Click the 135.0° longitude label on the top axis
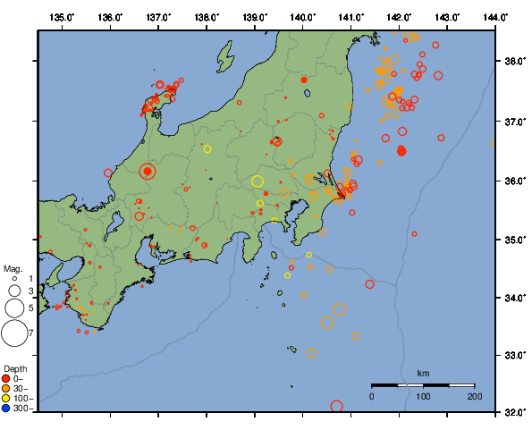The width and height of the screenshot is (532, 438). pos(62,17)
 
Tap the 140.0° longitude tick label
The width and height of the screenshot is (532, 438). pos(303,17)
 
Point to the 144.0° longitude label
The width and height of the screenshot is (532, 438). pos(495,17)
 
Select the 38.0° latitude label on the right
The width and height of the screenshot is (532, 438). pos(514,62)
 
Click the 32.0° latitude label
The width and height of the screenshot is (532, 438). pos(514,413)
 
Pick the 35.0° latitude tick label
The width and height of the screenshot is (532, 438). pos(514,239)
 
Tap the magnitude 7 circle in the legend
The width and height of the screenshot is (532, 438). pos(14,333)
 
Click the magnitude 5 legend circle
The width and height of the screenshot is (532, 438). pos(14,308)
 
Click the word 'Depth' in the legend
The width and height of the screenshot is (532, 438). pos(15,368)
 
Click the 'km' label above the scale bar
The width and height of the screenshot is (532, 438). pos(423,373)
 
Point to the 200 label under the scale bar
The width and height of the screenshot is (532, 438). pos(474,395)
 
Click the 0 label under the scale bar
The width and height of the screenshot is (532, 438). pos(372,395)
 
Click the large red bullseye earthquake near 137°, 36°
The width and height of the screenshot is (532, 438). pos(148,172)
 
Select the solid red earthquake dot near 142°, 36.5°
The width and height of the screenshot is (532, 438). pos(401,150)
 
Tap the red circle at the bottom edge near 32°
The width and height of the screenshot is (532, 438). pos(337,407)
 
